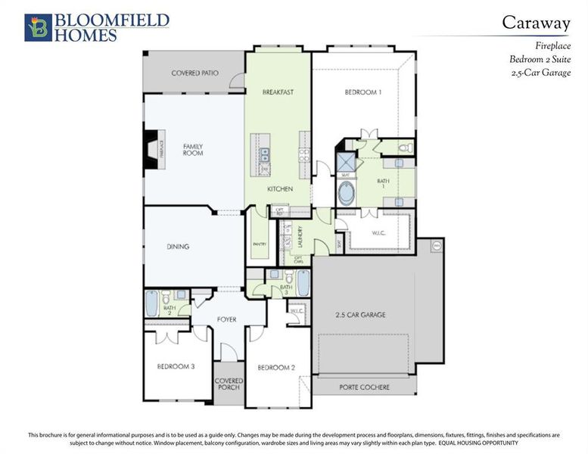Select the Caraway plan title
click(536, 23)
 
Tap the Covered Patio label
click(194, 73)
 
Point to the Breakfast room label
click(277, 92)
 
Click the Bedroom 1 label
click(362, 92)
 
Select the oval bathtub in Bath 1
click(345, 194)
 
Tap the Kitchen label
click(279, 188)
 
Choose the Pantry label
click(257, 244)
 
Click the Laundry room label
click(300, 238)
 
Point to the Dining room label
click(178, 247)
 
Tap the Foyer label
click(226, 319)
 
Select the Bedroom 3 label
click(176, 366)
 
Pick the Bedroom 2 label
click(275, 367)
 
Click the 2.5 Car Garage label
click(361, 314)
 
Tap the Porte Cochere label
click(365, 387)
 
